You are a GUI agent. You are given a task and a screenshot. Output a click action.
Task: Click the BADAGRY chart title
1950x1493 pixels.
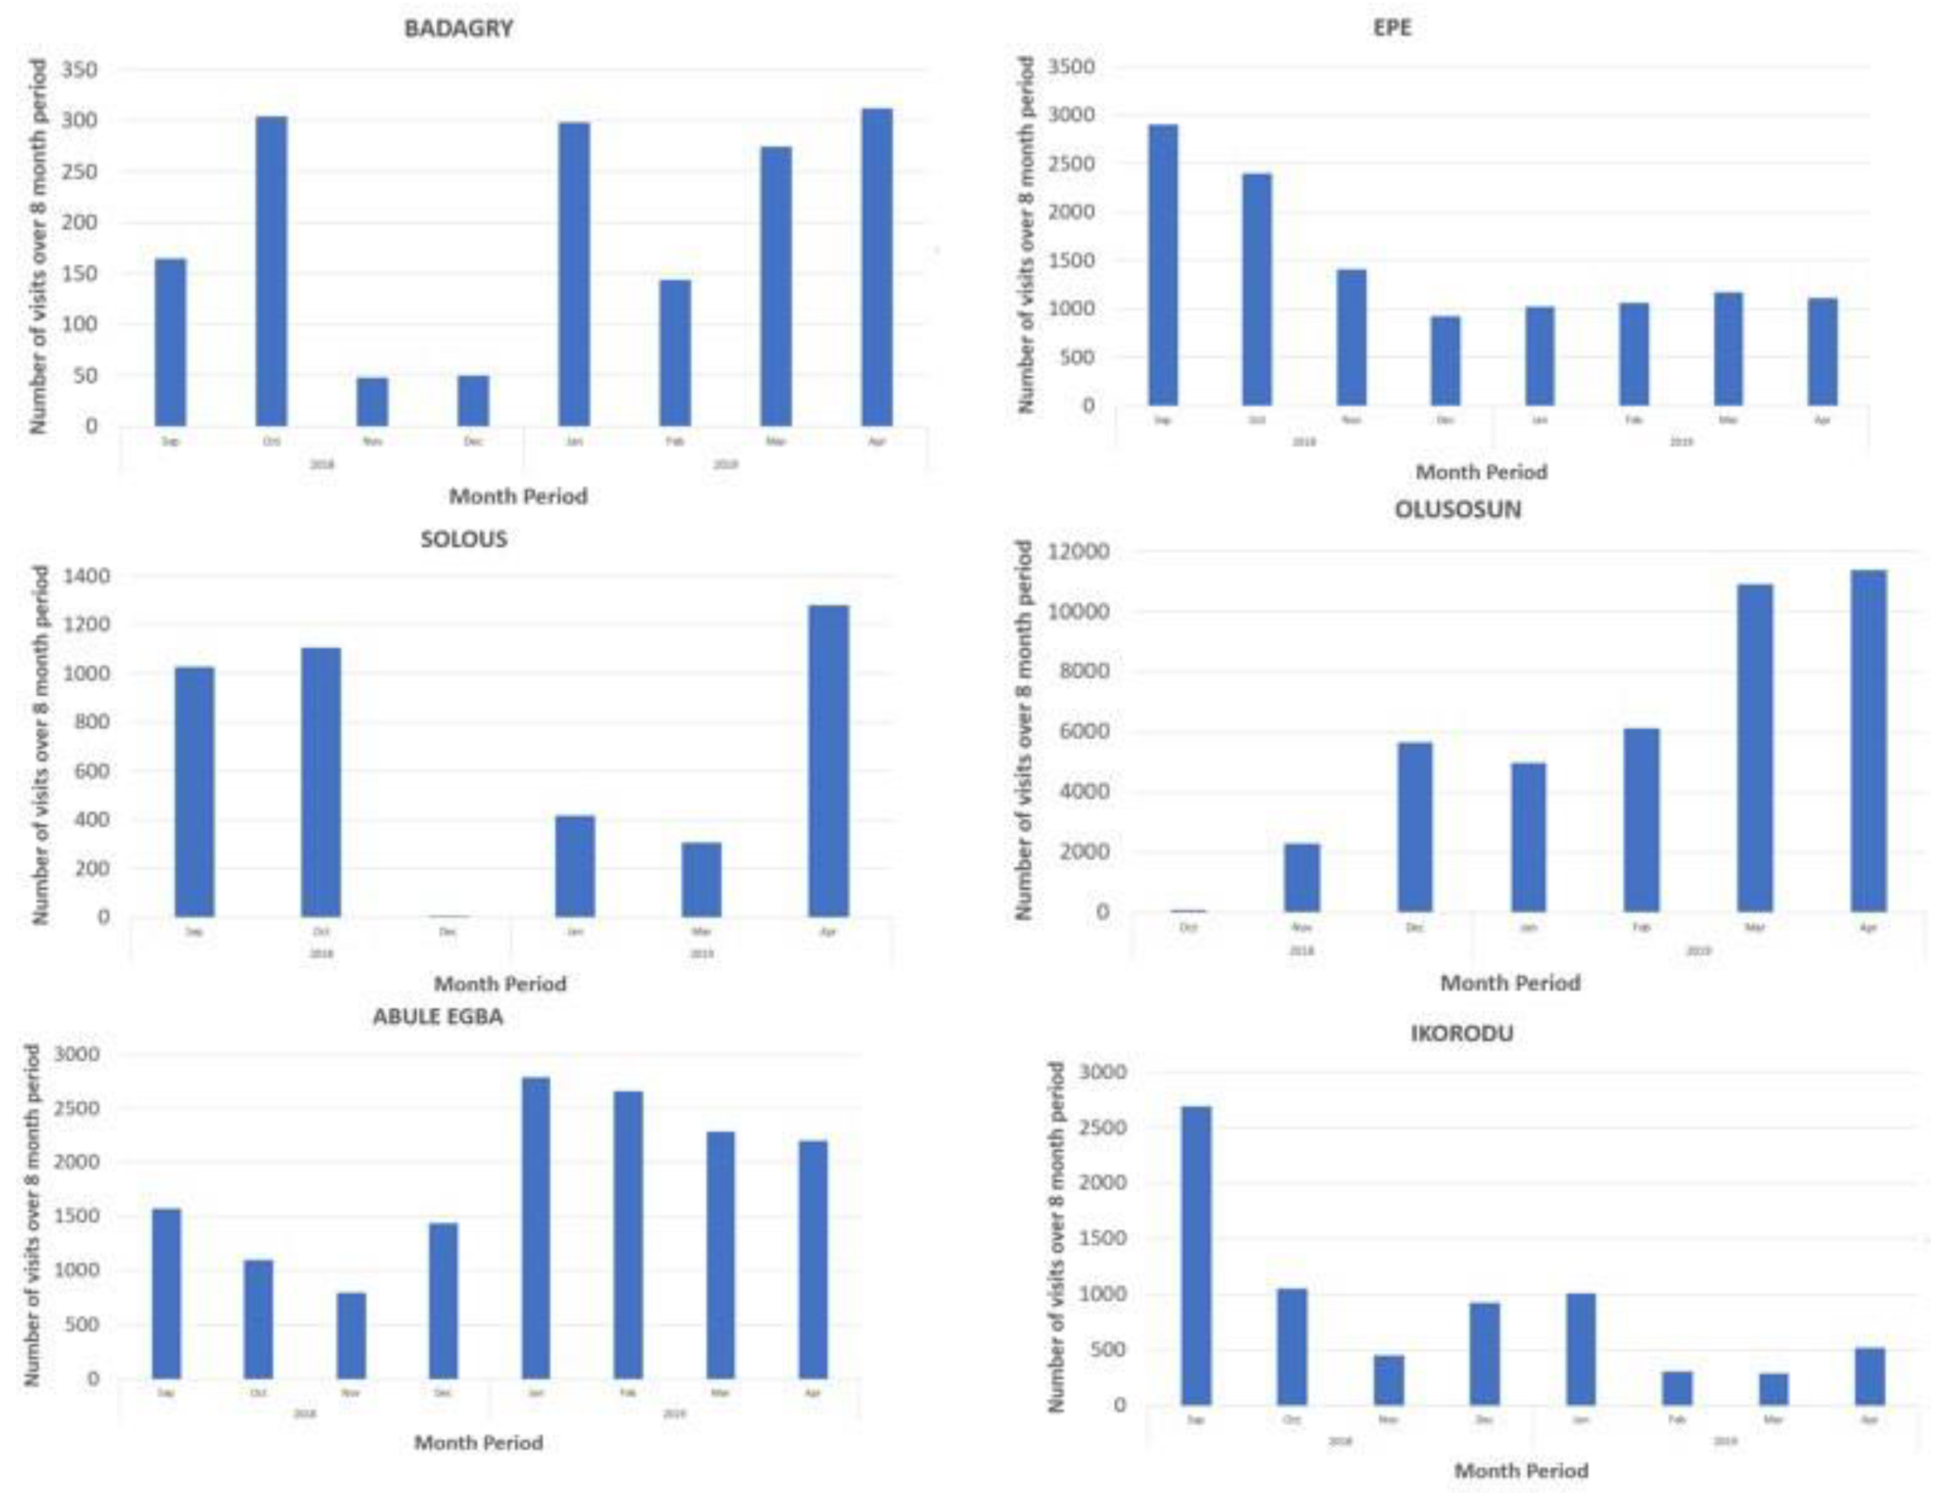458,28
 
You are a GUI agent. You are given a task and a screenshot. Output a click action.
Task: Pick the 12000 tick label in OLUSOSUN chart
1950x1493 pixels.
1079,553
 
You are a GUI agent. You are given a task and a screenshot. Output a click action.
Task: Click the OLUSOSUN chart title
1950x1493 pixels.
1457,510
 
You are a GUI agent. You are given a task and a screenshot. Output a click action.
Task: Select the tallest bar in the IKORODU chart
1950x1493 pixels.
1196,1255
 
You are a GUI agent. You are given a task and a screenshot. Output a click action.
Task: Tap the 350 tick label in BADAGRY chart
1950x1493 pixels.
78,69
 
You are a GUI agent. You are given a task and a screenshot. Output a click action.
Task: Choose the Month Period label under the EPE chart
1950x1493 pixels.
1481,472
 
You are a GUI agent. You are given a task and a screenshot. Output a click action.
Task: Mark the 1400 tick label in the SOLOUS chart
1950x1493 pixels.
86,577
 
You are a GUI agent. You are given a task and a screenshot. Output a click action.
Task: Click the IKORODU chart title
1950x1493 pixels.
1462,1033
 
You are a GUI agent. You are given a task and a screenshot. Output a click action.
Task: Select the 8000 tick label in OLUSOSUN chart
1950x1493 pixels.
1085,672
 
